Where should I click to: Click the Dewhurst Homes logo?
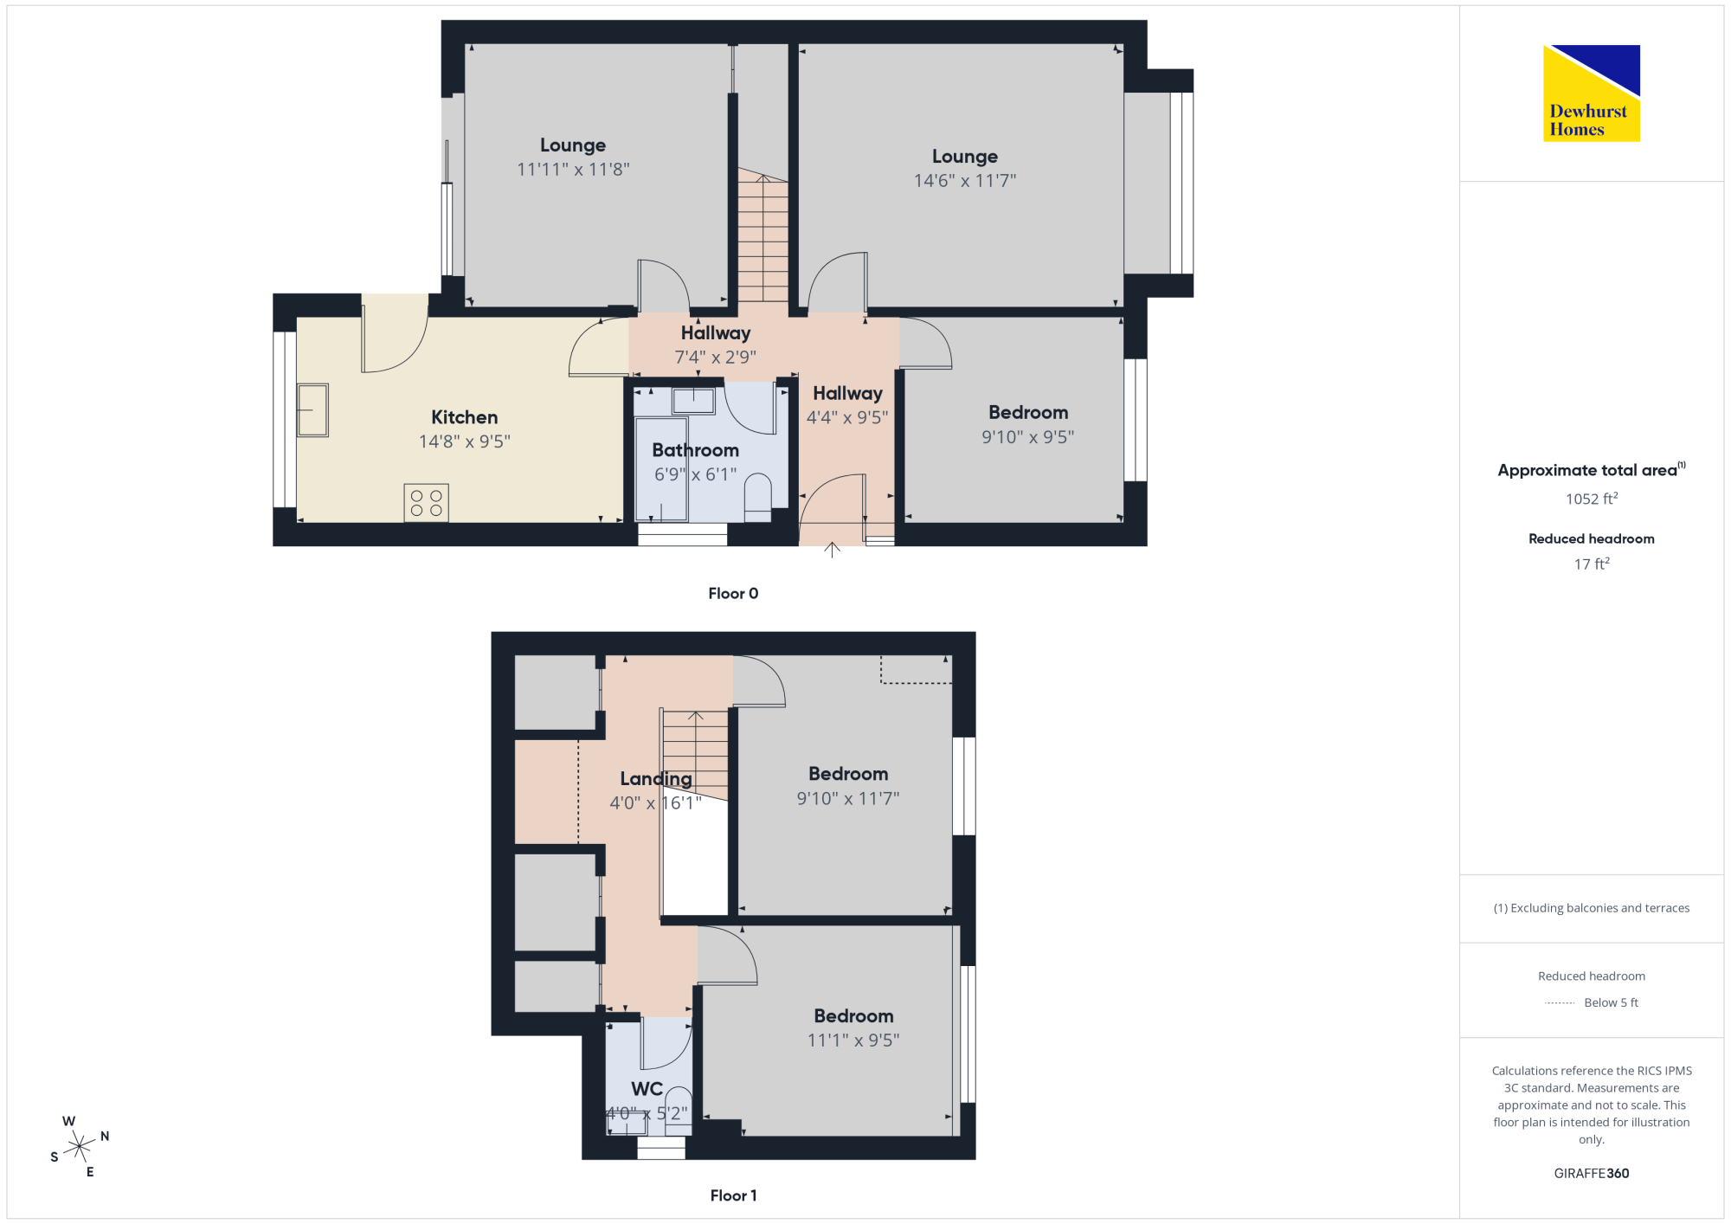point(1592,93)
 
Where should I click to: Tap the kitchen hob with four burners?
point(427,503)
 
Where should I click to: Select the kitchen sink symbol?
point(312,410)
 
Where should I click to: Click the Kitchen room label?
point(465,417)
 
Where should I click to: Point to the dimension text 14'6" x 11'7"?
point(965,181)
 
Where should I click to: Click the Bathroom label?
point(696,450)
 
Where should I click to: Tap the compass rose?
point(80,1146)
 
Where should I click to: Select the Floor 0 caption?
point(733,593)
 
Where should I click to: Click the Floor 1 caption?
point(733,1195)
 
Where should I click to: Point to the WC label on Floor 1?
point(647,1089)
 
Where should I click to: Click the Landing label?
point(656,779)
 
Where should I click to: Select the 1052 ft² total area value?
point(1592,499)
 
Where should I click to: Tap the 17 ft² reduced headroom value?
point(1592,564)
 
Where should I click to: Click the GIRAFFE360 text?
point(1592,1174)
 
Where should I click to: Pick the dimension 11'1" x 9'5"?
point(853,1040)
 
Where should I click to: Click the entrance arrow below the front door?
point(832,550)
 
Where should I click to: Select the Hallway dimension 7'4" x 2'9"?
point(716,357)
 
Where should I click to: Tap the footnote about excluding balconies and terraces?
point(1592,908)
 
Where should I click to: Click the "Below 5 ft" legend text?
point(1611,1002)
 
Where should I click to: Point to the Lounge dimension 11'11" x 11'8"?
point(573,170)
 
